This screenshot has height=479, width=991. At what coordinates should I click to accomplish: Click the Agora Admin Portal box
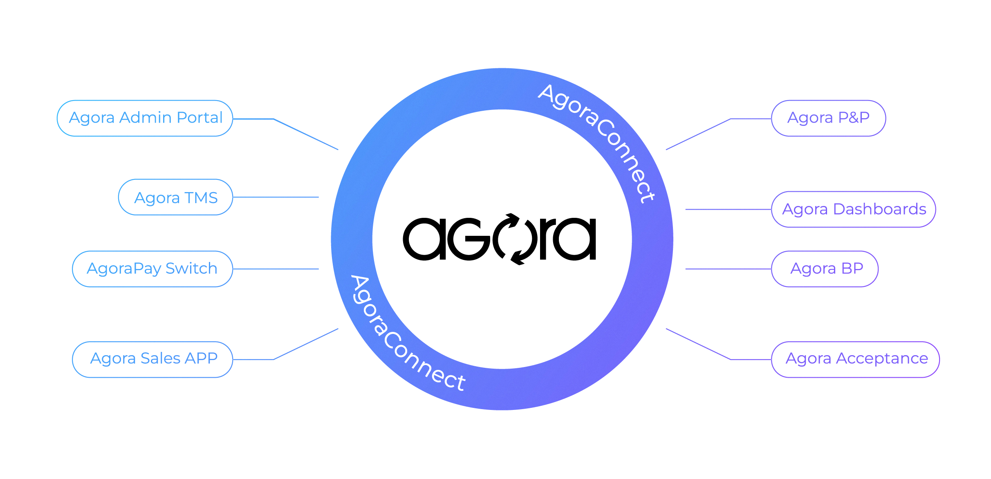[x=145, y=118]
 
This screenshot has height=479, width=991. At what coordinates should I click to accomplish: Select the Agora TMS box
[x=175, y=197]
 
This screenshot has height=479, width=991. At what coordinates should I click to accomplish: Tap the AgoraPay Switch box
[x=152, y=269]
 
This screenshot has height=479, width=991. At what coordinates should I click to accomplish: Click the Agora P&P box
[x=828, y=118]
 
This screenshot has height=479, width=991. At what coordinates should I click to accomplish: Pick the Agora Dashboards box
[x=853, y=209]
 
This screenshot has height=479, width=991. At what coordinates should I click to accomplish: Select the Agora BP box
[x=825, y=269]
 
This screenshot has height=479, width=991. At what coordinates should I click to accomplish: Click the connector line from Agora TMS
[x=276, y=197]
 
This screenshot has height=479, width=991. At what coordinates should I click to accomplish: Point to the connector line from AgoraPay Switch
[x=276, y=269]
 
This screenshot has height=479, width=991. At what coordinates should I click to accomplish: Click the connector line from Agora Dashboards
[x=728, y=209]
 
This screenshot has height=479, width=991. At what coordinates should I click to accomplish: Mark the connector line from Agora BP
[x=728, y=269]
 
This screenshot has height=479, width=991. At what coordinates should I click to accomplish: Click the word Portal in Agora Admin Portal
[x=200, y=118]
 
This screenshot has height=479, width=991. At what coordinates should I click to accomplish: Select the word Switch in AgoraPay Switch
[x=191, y=269]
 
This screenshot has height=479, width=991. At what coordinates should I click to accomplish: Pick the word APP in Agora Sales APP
[x=201, y=358]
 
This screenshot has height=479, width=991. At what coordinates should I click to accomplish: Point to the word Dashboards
[x=879, y=209]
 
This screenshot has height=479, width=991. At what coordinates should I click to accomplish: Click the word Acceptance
[x=882, y=359]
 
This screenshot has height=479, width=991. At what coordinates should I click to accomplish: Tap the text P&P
[x=854, y=118]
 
